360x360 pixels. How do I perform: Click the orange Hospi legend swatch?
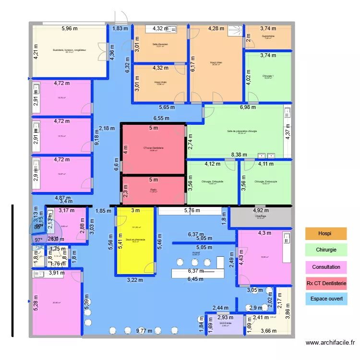[326, 234]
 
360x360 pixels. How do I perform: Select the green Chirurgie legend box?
[326, 250]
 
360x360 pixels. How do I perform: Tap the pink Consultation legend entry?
[326, 267]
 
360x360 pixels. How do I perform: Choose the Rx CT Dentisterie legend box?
[326, 283]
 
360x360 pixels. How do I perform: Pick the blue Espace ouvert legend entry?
[326, 300]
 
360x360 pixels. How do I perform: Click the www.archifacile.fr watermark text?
[330, 343]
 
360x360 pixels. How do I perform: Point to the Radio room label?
[153, 189]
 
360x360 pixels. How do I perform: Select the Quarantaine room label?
[268, 36]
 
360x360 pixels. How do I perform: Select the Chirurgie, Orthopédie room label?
[212, 181]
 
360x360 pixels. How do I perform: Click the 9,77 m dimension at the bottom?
[143, 331]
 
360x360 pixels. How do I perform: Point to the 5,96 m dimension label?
[69, 29]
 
